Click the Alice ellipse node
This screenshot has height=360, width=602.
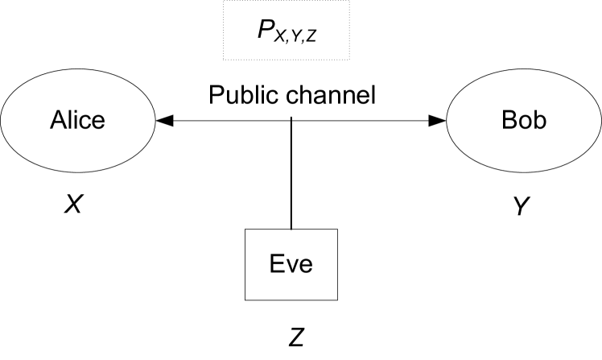[78, 121]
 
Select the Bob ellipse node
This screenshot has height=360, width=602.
[524, 121]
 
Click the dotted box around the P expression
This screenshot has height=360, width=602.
[287, 31]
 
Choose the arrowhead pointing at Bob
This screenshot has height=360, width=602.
[437, 121]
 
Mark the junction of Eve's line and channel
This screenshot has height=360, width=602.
[291, 121]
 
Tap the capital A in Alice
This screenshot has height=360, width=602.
[58, 121]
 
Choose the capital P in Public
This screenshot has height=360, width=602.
[216, 96]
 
